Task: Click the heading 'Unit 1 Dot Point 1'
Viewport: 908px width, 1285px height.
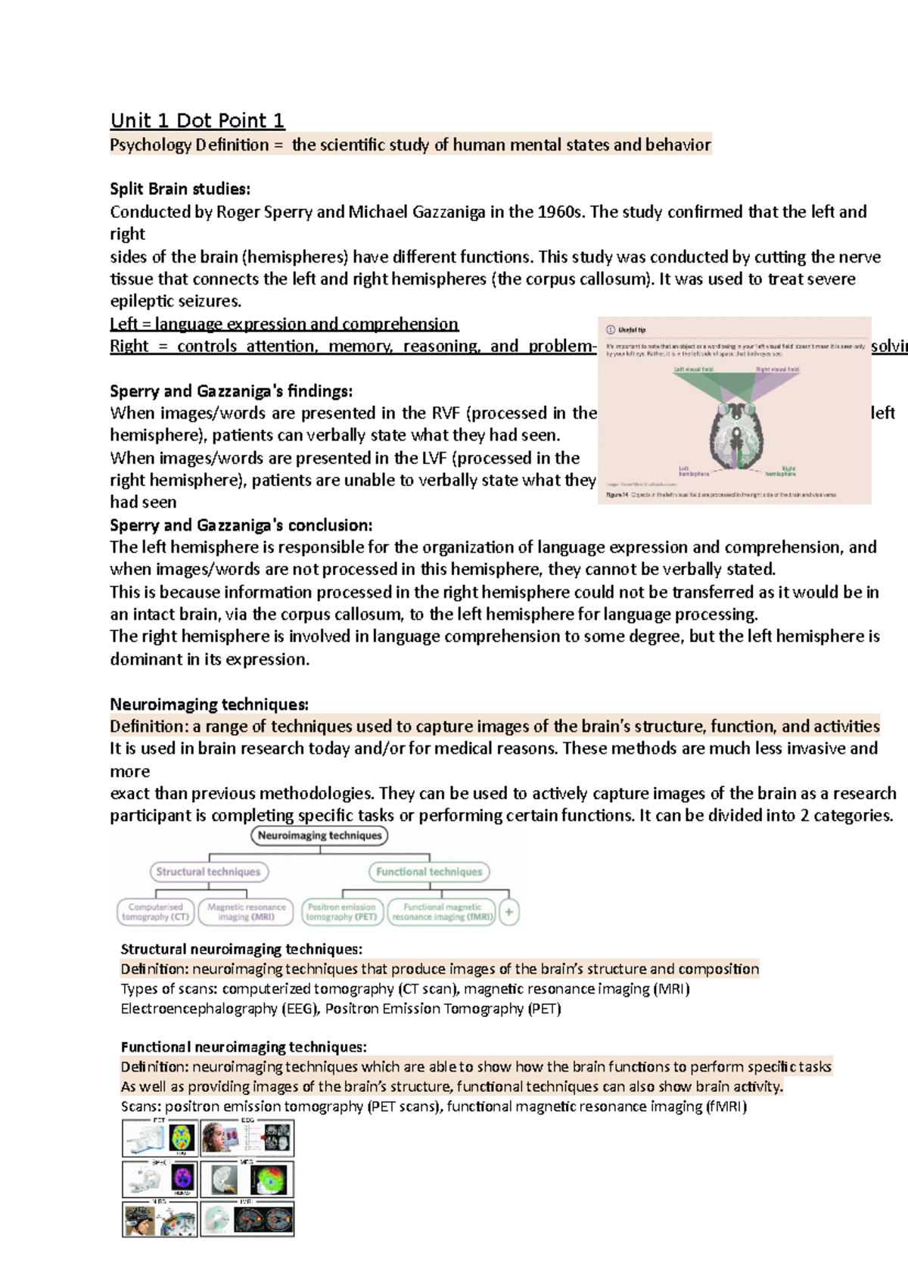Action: (197, 121)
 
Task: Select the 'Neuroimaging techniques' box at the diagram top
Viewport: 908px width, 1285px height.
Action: (319, 835)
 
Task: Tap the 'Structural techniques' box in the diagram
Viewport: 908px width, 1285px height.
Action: (208, 872)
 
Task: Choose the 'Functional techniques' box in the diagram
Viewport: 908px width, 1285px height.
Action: (429, 872)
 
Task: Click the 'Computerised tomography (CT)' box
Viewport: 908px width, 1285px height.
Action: (156, 912)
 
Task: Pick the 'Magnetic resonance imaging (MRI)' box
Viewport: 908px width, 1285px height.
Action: (247, 912)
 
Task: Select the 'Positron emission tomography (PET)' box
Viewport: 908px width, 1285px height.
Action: (341, 912)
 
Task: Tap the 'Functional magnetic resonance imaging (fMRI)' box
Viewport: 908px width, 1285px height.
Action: (442, 912)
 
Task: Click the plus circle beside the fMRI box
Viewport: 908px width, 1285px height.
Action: (509, 912)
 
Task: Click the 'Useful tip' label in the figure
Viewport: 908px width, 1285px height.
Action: (631, 330)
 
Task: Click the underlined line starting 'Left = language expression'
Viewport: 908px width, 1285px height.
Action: (284, 325)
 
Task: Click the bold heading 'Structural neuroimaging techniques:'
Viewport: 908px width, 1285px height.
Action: (241, 949)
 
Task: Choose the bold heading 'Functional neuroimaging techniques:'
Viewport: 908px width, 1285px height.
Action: (244, 1047)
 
